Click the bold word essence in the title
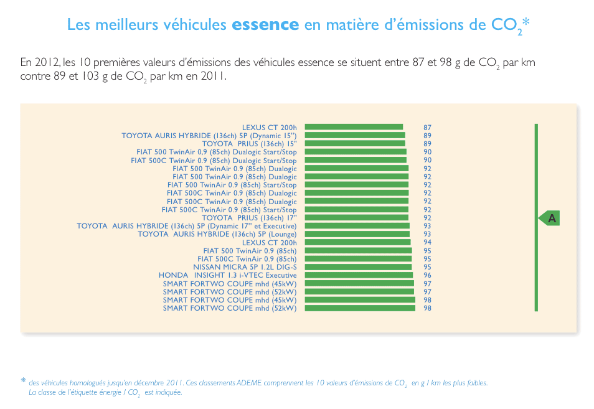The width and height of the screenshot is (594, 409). [x=265, y=25]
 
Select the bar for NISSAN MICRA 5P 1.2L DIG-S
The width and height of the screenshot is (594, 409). [x=358, y=267]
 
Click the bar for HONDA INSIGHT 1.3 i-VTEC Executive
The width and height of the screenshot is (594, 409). [x=359, y=275]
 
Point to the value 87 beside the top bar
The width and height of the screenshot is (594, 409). [x=427, y=128]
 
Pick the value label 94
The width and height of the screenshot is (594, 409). [x=427, y=242]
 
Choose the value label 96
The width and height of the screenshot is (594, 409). [x=427, y=275]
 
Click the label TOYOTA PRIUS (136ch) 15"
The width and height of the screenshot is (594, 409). [x=249, y=144]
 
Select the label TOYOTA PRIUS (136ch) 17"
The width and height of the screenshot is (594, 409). [x=249, y=218]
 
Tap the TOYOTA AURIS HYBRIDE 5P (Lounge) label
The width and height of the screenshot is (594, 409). [x=217, y=234]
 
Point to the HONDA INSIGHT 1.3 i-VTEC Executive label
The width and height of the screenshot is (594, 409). [x=228, y=275]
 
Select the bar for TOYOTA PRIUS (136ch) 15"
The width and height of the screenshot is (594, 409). [x=355, y=144]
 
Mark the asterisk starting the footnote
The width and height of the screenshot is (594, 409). [x=23, y=380]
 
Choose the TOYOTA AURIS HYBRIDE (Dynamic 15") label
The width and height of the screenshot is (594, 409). [x=209, y=136]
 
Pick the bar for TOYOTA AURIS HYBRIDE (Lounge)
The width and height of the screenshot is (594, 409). [x=357, y=234]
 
